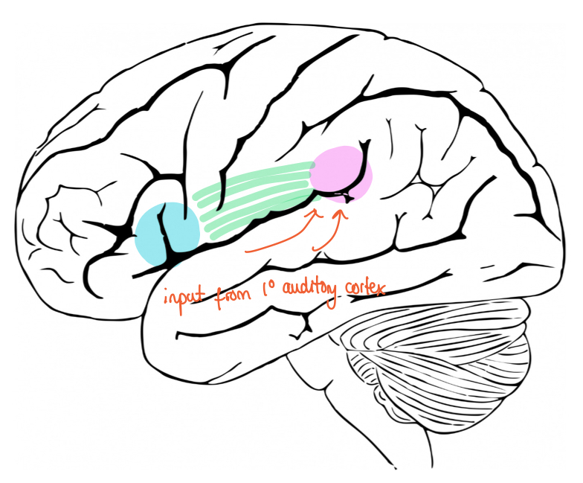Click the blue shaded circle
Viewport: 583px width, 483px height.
coord(167,233)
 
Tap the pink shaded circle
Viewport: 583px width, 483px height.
coord(340,173)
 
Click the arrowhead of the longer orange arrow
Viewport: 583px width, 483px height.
coord(318,212)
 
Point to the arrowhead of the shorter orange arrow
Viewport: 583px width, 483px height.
coord(341,214)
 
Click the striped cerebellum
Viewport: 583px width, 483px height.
coord(439,350)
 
